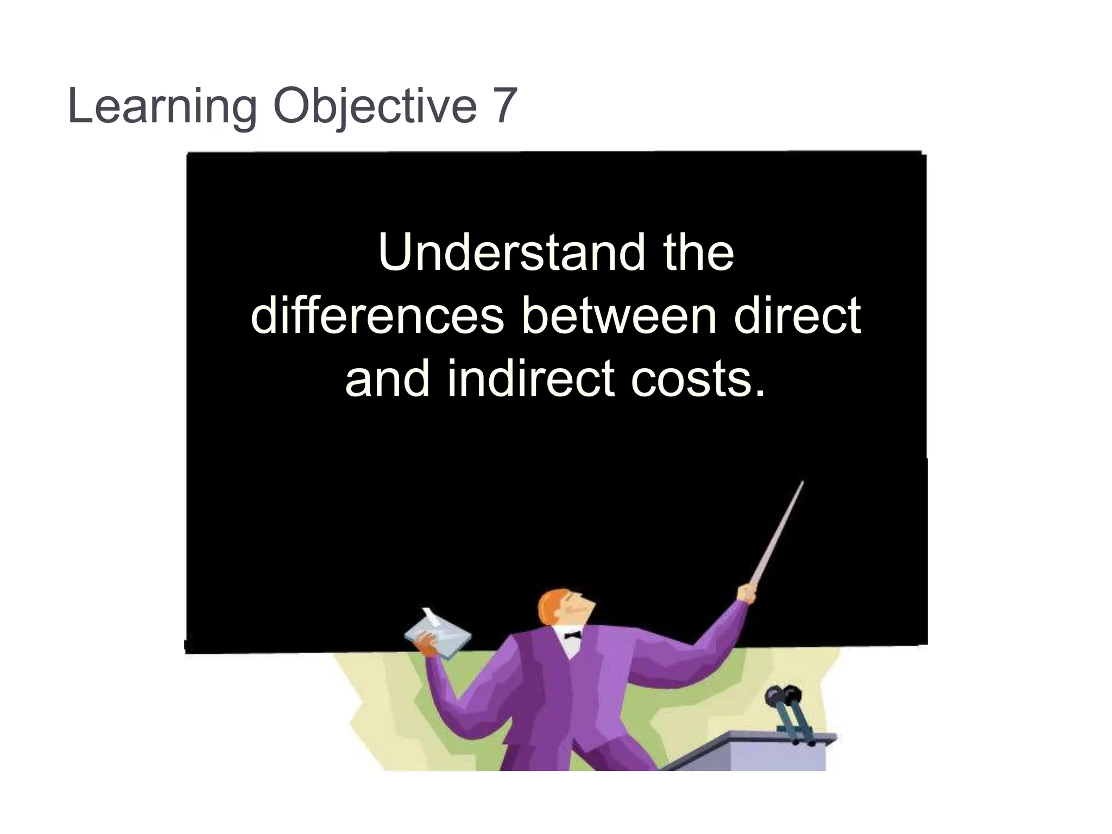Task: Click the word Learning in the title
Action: click(x=162, y=106)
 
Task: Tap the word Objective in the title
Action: click(x=375, y=106)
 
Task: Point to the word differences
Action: click(x=377, y=317)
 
